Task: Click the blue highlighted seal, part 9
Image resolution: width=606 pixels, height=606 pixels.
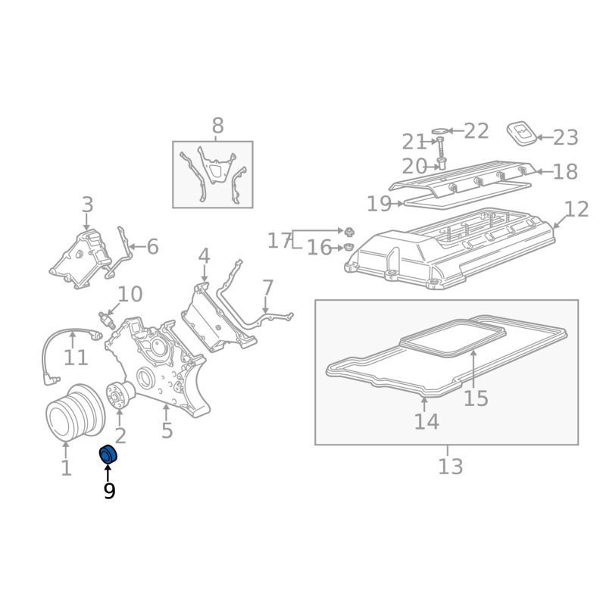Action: click(108, 454)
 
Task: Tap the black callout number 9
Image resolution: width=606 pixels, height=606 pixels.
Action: click(109, 491)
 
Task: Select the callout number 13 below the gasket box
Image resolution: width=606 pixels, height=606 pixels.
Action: click(450, 466)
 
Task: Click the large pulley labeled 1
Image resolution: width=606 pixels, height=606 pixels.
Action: click(75, 413)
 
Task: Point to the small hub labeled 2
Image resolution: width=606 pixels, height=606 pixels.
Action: click(120, 394)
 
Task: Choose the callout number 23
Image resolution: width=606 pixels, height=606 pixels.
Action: click(565, 138)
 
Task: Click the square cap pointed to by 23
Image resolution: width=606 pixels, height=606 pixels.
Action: click(522, 134)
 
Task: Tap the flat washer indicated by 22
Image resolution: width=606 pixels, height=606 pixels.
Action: click(439, 131)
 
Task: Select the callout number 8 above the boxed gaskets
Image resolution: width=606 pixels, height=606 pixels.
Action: click(218, 126)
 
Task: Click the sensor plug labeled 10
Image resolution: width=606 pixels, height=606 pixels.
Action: click(105, 319)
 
